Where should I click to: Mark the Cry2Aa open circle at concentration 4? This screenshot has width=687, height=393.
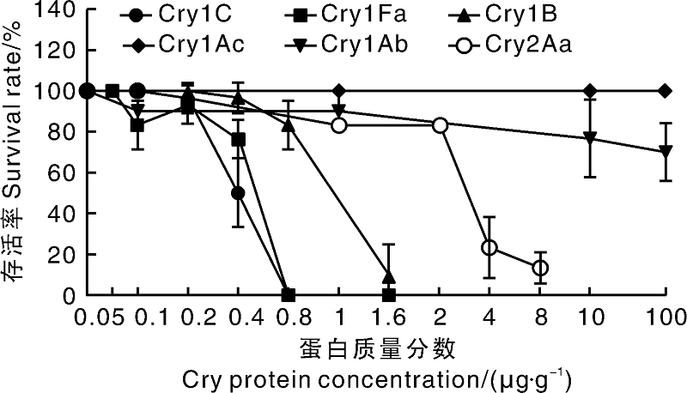(489, 247)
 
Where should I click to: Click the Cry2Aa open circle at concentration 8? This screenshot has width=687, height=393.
(540, 268)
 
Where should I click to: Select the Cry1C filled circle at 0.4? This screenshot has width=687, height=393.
(238, 193)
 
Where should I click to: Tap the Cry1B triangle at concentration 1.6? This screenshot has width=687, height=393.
(389, 276)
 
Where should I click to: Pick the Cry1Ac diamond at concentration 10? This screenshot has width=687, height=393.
(590, 91)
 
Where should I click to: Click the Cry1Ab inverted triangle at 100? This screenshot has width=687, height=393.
(666, 152)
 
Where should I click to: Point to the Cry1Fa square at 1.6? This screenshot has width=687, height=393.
(389, 295)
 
